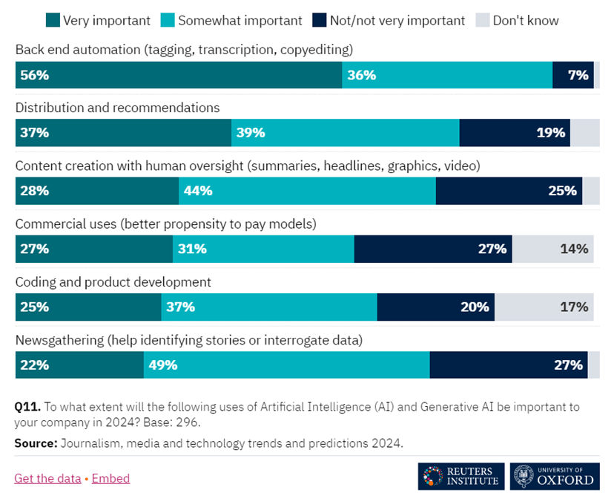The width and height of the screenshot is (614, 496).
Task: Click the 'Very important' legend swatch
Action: click(x=53, y=21)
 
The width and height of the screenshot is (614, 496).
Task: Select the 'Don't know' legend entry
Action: click(x=525, y=21)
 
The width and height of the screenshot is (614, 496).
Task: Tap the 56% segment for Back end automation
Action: click(x=178, y=75)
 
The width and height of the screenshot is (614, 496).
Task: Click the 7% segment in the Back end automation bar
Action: click(x=572, y=75)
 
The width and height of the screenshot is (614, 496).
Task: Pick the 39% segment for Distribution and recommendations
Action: click(x=346, y=133)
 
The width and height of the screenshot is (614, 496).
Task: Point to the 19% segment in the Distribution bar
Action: click(x=515, y=133)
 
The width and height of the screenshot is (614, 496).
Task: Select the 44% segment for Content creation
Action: click(x=307, y=191)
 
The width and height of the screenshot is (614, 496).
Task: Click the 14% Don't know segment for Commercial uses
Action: click(x=553, y=249)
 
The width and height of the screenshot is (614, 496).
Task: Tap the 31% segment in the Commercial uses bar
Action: click(x=263, y=249)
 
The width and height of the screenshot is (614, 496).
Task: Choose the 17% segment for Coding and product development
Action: click(x=544, y=307)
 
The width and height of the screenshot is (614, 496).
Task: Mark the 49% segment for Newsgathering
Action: click(x=286, y=365)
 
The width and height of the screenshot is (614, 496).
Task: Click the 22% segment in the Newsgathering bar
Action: click(x=79, y=365)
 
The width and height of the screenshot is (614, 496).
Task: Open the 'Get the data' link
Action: click(x=47, y=478)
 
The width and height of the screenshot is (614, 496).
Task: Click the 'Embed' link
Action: click(x=110, y=478)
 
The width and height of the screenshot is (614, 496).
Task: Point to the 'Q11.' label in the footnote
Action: click(x=27, y=407)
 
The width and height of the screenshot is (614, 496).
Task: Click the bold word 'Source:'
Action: click(x=36, y=443)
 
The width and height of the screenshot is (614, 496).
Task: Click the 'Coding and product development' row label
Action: click(x=113, y=282)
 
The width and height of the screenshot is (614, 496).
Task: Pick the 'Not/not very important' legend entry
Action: click(x=396, y=21)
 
